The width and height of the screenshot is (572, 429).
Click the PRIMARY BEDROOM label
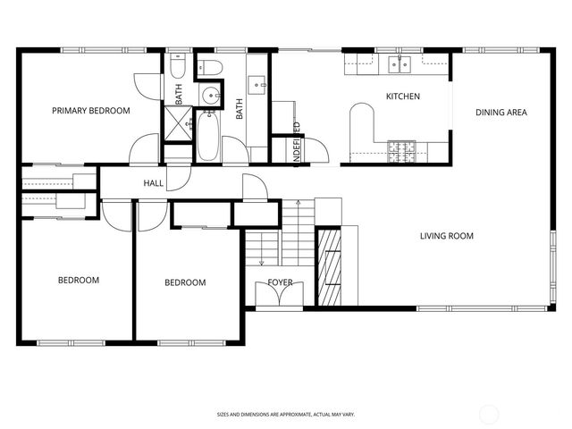90,111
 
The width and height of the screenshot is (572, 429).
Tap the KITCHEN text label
402,97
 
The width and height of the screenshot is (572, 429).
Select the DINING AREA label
500,113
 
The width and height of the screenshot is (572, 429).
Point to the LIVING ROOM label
447,236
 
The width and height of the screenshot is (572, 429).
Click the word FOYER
281,283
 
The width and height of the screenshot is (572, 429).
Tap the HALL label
154,184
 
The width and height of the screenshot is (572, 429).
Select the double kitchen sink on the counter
400,63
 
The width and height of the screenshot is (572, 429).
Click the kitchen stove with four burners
401,150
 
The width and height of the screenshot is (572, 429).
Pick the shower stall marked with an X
176,122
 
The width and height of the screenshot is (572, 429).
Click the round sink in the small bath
211,97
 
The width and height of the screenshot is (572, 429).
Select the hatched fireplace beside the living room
330,268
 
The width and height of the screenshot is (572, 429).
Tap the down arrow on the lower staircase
261,260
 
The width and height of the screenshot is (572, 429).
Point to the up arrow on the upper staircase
299,207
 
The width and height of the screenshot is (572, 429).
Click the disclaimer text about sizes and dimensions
285,415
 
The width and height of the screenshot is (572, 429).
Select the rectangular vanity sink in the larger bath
258,86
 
